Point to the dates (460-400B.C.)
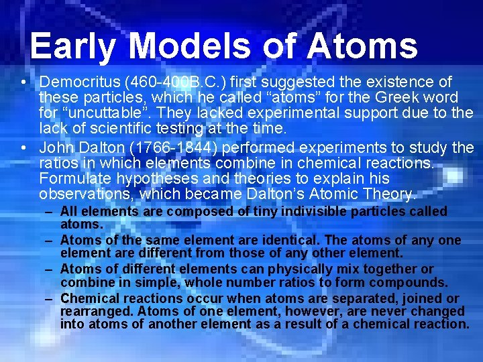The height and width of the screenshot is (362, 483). tap(162, 82)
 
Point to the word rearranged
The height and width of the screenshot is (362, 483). tap(91, 312)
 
